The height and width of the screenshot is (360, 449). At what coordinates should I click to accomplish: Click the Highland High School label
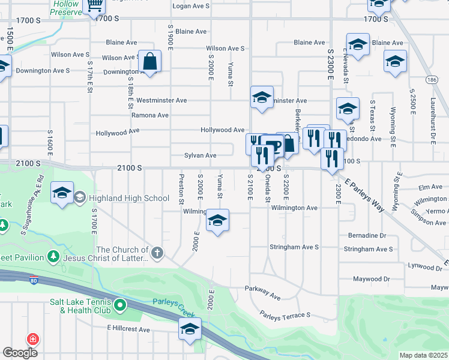coord(129,198)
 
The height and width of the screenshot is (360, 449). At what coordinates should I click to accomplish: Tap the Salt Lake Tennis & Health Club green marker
coord(120,305)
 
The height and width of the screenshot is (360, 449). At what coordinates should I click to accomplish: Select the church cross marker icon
coord(157,253)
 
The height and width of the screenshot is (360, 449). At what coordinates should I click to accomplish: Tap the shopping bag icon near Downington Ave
coord(149,61)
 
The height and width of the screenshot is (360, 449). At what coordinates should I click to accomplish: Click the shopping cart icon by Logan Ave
coord(94,5)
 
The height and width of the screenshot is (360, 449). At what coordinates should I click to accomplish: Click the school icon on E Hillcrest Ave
coord(190,329)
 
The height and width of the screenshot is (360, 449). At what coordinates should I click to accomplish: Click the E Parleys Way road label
coord(365,193)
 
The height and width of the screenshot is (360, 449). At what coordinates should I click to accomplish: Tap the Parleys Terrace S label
coord(285,314)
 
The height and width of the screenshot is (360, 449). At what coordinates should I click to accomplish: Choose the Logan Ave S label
coord(191,5)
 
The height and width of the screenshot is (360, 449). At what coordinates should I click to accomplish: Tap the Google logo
coord(20,353)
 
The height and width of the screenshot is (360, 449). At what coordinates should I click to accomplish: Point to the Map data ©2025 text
coord(423,355)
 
